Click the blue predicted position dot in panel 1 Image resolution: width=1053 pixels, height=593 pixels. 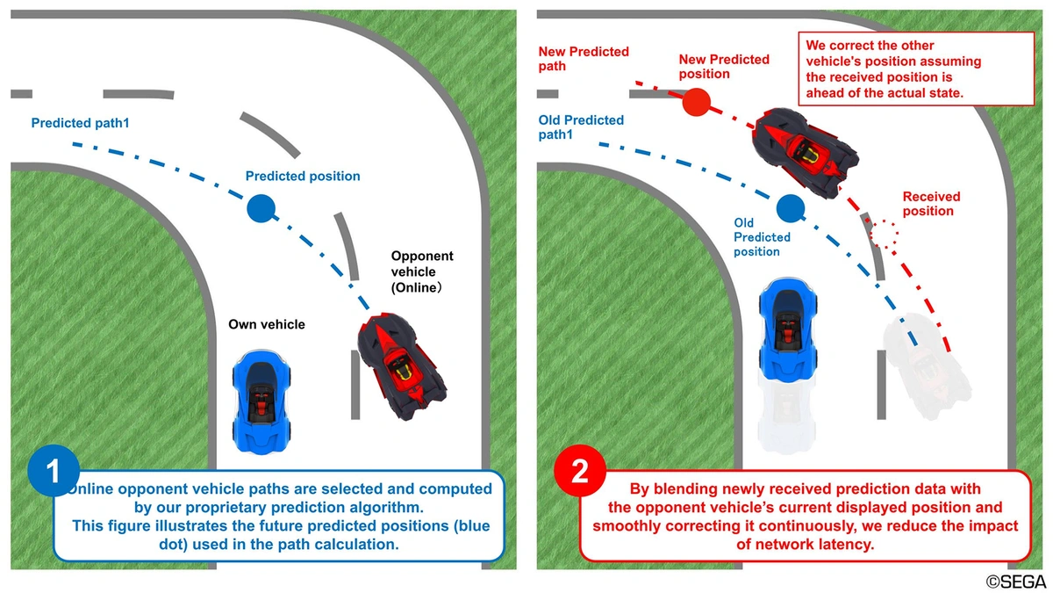click(261, 208)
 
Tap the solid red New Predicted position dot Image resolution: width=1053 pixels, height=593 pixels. click(696, 102)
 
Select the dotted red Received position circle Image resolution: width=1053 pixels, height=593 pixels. click(884, 235)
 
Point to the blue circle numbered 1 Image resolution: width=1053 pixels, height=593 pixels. click(54, 472)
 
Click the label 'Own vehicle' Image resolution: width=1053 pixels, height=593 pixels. click(267, 325)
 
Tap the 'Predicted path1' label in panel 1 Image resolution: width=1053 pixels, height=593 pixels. click(80, 123)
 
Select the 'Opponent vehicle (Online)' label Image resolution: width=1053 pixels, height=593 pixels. click(422, 271)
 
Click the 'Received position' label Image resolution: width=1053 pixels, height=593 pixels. click(931, 204)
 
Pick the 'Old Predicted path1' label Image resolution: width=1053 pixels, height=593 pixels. click(581, 127)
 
